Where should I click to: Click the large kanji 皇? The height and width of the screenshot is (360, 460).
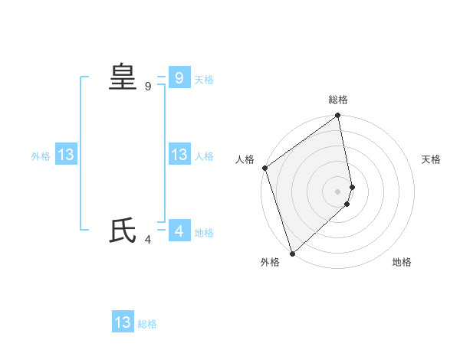click(123, 77)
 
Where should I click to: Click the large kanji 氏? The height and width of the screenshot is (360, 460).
click(123, 231)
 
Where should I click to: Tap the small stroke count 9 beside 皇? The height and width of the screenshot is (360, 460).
click(148, 87)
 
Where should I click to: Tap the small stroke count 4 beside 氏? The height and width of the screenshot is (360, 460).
click(148, 240)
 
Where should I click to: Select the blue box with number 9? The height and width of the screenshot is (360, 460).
click(179, 77)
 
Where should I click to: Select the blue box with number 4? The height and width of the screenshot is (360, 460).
click(179, 231)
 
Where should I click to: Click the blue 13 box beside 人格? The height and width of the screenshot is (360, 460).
click(179, 155)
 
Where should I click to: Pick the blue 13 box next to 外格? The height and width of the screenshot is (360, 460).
click(66, 155)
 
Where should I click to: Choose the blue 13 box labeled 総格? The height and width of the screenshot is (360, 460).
click(123, 322)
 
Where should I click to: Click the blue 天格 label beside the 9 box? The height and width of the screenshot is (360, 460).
click(204, 80)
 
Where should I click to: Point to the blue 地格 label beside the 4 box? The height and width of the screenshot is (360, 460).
click(204, 233)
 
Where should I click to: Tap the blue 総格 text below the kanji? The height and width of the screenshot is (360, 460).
click(147, 325)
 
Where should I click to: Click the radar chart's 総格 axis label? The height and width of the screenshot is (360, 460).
click(338, 100)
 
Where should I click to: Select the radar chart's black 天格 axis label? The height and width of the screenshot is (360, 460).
click(432, 159)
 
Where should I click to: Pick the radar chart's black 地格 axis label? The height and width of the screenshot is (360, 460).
click(402, 263)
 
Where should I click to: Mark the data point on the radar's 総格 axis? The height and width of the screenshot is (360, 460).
click(338, 116)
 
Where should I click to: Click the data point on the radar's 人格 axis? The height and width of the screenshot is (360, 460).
click(264, 168)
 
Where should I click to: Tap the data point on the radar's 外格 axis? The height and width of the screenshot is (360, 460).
click(292, 254)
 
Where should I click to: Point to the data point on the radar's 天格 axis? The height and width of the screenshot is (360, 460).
click(353, 186)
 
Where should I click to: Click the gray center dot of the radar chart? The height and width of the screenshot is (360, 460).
click(338, 191)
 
